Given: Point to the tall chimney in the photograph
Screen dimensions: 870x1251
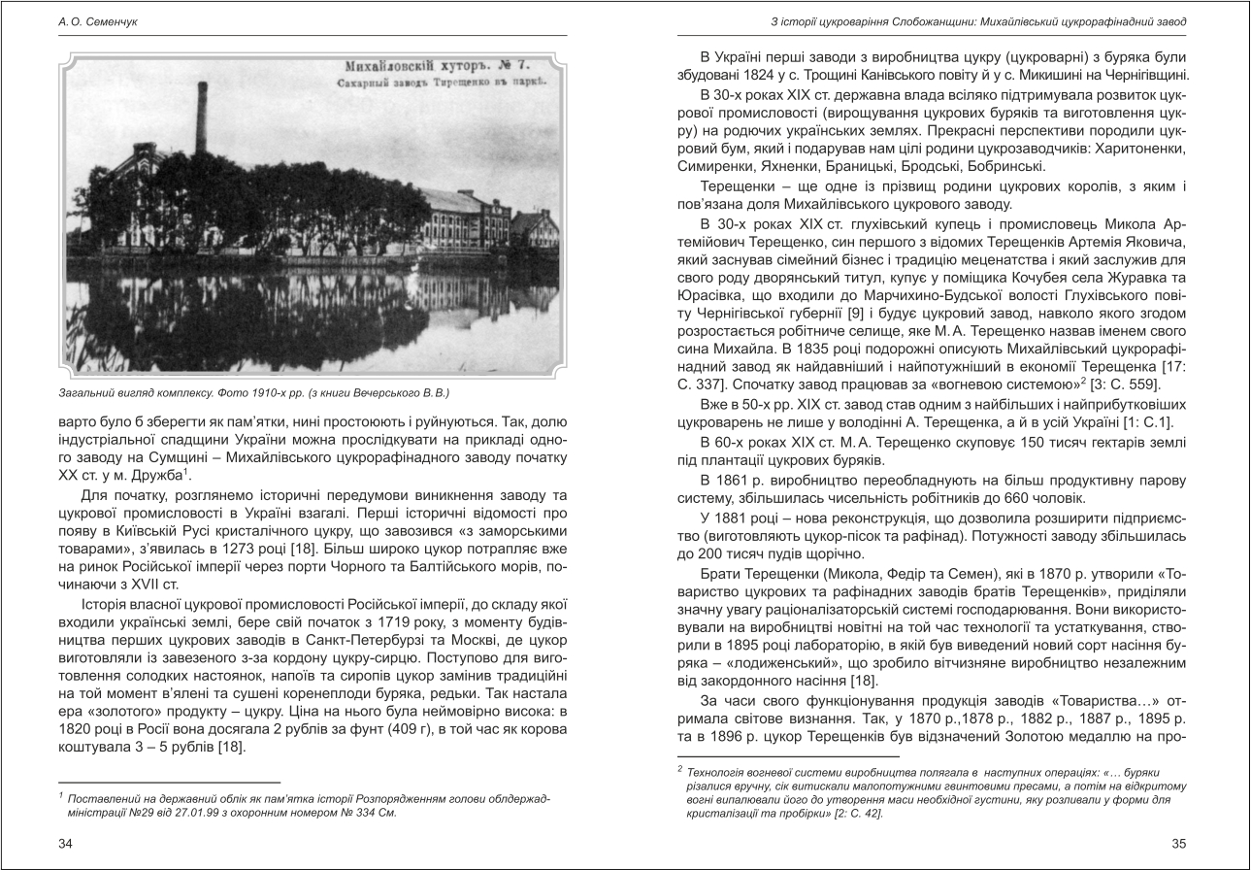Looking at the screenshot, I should pyautogui.click(x=201, y=120).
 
